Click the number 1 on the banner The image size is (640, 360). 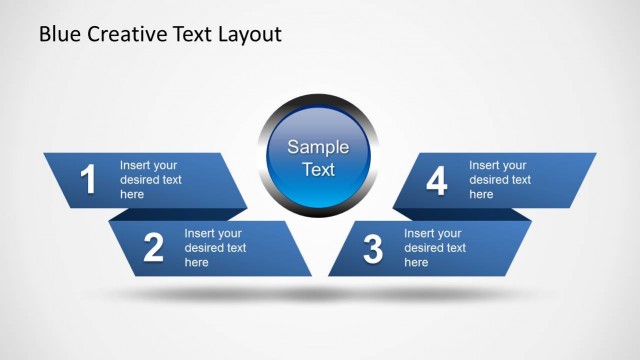(88, 180)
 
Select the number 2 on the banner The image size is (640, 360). (153, 248)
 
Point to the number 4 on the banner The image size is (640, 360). (436, 181)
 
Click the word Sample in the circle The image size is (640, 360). (318, 147)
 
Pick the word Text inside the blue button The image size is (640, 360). (318, 170)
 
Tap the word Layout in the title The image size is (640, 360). (249, 35)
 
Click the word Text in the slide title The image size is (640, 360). (190, 35)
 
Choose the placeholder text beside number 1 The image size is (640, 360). (150, 180)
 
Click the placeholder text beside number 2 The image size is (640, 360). (215, 248)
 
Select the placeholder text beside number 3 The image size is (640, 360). (434, 248)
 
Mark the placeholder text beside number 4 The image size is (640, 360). (499, 180)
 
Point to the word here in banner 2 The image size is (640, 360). (197, 263)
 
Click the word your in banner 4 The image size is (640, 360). (514, 165)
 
